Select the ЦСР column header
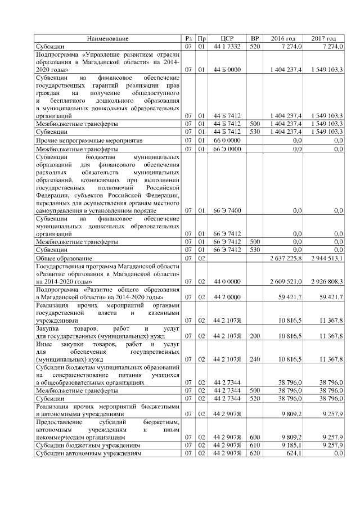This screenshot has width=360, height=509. [x=227, y=38]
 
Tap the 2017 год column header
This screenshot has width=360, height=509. [x=324, y=38]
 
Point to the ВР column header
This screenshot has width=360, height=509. [x=255, y=38]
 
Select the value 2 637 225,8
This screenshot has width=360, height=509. [x=286, y=258]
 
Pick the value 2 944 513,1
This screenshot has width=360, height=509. [x=326, y=258]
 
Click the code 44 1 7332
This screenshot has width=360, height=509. [x=227, y=46]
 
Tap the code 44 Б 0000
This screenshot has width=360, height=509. [x=227, y=69]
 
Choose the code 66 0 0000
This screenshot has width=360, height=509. [x=227, y=139]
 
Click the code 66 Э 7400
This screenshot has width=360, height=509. [x=227, y=210]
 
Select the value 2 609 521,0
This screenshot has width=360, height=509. [x=286, y=281]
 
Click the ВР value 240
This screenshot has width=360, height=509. [x=255, y=358]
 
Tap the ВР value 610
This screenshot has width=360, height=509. [x=255, y=444]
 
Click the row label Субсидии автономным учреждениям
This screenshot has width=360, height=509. [x=88, y=452]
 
